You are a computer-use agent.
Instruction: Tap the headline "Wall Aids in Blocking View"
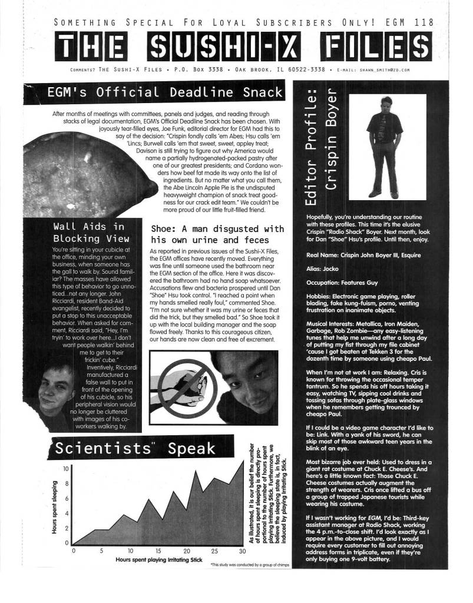tap(88, 233)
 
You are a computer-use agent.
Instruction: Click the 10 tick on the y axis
tap(67, 469)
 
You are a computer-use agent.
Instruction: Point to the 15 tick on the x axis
tap(158, 551)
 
